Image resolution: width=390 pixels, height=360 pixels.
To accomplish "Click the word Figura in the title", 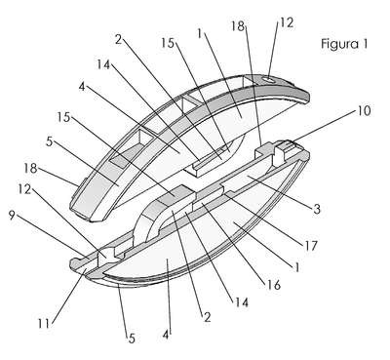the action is pyautogui.click(x=339, y=44).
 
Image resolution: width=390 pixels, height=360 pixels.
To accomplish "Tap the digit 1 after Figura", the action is pyautogui.click(x=365, y=43).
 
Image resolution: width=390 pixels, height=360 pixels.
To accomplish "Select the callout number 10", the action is pyautogui.click(x=363, y=110).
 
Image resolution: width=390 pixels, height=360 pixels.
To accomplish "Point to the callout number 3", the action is pyautogui.click(x=317, y=209).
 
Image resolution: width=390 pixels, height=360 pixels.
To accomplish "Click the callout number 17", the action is pyautogui.click(x=311, y=246).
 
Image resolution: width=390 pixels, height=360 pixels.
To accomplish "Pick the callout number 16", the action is pyautogui.click(x=274, y=285).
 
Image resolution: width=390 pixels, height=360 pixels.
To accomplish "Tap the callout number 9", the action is pyautogui.click(x=12, y=216).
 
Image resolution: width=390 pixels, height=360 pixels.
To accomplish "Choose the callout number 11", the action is pyautogui.click(x=44, y=324).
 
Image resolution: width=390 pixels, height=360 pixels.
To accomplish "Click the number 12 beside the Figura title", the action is pyautogui.click(x=287, y=22).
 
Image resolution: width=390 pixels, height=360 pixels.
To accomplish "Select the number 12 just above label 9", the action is pyautogui.click(x=24, y=189).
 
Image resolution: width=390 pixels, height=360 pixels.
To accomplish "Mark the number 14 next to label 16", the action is pyautogui.click(x=241, y=302).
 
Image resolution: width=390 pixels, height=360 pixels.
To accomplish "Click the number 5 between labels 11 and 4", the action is pyautogui.click(x=132, y=339).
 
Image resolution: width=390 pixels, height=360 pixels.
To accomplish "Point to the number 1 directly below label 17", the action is pyautogui.click(x=295, y=266).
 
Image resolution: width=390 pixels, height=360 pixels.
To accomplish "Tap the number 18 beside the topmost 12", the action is pyautogui.click(x=238, y=25).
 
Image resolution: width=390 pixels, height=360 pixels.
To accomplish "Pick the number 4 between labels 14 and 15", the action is pyautogui.click(x=82, y=87).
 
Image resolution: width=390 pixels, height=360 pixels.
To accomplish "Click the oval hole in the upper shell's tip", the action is pyautogui.click(x=269, y=79).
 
